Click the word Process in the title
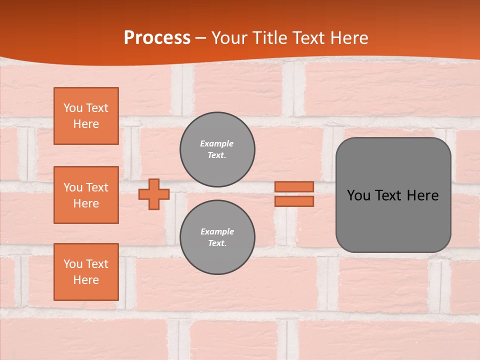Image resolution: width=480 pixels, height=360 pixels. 157,38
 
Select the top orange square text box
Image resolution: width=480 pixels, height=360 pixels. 86,116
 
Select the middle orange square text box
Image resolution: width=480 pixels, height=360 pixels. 86,195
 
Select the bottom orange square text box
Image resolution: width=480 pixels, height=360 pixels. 86,272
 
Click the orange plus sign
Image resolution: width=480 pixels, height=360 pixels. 154,194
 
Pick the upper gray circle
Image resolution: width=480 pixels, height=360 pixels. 217,149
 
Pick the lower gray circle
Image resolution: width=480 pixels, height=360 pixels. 217,237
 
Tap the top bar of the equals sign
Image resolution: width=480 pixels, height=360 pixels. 294,186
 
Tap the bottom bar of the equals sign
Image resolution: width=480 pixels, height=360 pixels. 294,201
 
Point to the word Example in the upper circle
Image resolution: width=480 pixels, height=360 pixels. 217,143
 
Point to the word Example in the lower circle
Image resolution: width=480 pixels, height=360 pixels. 217,231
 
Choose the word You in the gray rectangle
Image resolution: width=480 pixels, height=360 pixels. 358,195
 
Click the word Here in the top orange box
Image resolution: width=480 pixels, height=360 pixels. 86,124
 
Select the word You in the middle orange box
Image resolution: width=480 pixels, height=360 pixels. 72,187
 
